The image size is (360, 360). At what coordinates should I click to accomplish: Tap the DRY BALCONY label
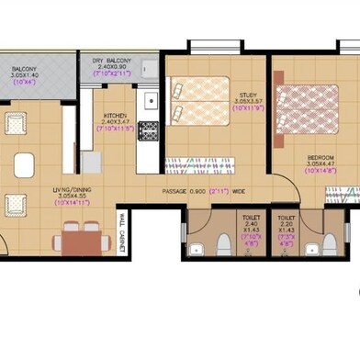(112, 62)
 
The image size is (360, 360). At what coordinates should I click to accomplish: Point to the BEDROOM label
(321, 157)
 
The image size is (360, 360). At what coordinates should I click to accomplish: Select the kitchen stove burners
(148, 130)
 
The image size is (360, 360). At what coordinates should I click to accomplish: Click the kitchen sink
(150, 97)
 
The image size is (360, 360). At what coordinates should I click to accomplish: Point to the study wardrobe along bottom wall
(207, 164)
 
